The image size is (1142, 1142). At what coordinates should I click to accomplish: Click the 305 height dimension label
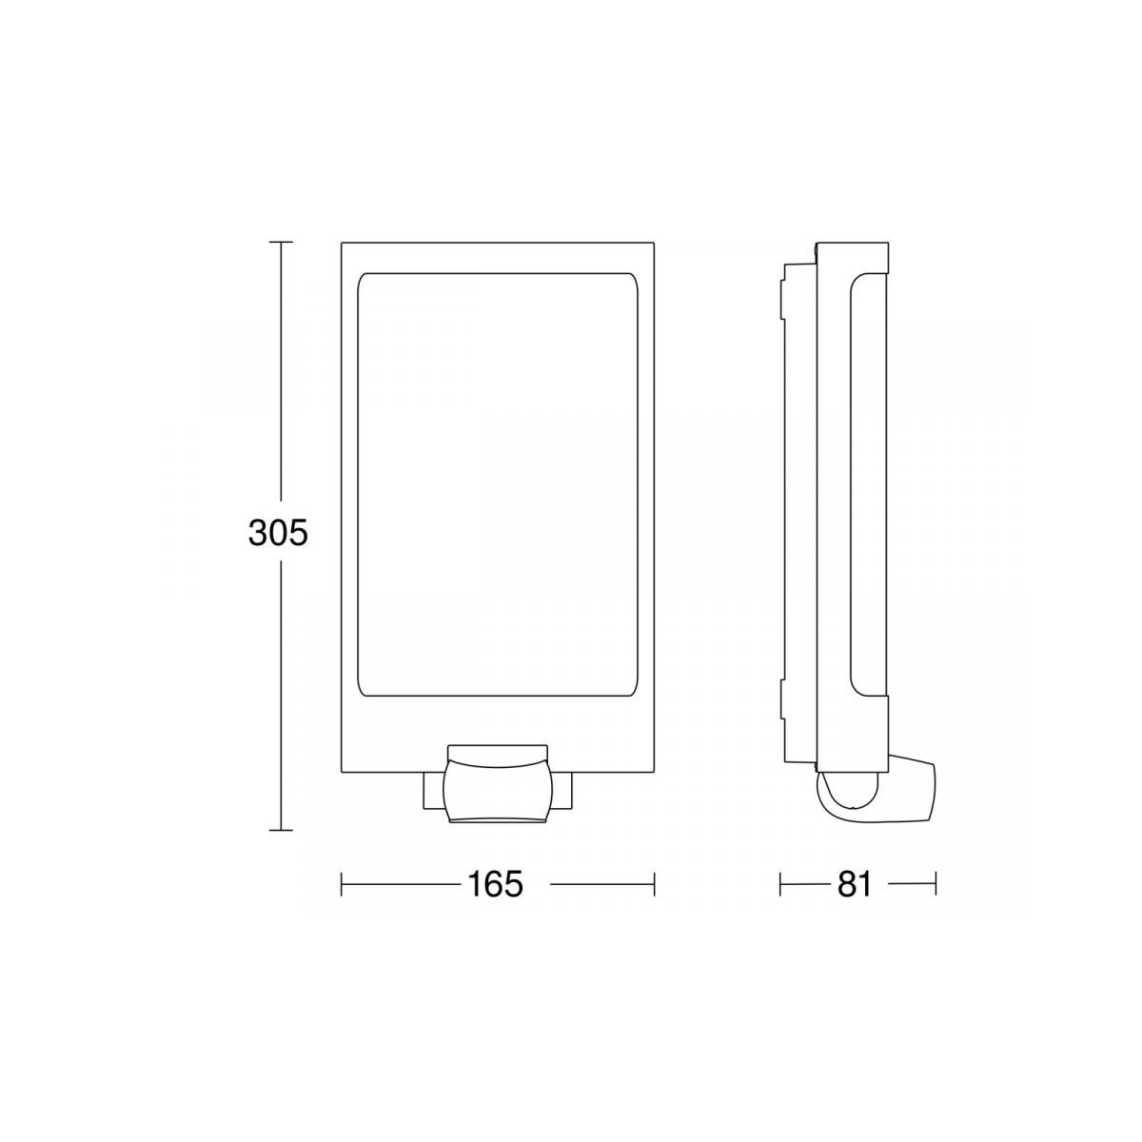(x=278, y=534)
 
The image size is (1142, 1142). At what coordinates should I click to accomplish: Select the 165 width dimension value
(x=495, y=885)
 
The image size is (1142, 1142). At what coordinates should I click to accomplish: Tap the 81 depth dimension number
(x=855, y=885)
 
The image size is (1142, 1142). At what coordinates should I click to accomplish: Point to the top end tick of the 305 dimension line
(x=280, y=243)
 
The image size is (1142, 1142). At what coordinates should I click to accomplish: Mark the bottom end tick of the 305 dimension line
(x=280, y=830)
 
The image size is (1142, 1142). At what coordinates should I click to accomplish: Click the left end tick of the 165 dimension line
(x=342, y=885)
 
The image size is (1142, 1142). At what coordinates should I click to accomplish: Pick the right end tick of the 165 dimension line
(x=654, y=885)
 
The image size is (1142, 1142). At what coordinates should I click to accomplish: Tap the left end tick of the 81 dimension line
(x=780, y=885)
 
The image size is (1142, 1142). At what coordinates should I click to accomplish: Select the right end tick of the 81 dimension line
(x=935, y=885)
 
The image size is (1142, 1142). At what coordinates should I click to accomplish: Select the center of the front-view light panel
(x=497, y=485)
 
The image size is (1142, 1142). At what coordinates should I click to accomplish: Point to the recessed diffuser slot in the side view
(x=858, y=485)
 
